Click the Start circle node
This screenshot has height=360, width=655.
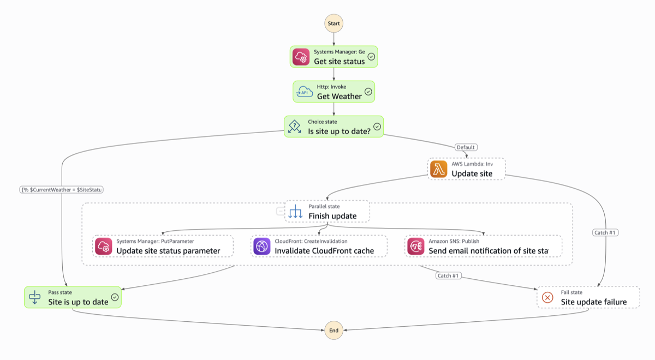pyautogui.click(x=334, y=23)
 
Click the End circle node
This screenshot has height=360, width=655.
pyautogui.click(x=334, y=330)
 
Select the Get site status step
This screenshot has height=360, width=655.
pyautogui.click(x=334, y=57)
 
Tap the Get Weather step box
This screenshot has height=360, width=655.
pyautogui.click(x=334, y=92)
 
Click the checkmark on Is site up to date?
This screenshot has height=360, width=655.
pyautogui.click(x=377, y=127)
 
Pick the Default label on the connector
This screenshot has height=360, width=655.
pyautogui.click(x=466, y=147)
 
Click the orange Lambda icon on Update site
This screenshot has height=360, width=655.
pyautogui.click(x=439, y=169)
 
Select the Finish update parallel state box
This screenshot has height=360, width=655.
pyautogui.click(x=327, y=211)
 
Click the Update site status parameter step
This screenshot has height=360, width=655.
pyautogui.click(x=163, y=246)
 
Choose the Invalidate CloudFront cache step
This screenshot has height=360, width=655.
pyautogui.click(x=319, y=246)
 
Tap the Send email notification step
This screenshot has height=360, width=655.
pyautogui.click(x=484, y=246)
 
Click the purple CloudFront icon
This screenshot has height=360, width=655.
pyautogui.click(x=262, y=246)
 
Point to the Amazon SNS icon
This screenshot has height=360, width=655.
pyautogui.click(x=416, y=246)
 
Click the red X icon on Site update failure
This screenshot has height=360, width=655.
pyautogui.click(x=547, y=297)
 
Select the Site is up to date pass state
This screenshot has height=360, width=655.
pyautogui.click(x=73, y=297)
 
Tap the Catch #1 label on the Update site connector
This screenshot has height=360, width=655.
pyautogui.click(x=605, y=233)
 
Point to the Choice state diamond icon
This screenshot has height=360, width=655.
pyautogui.click(x=295, y=127)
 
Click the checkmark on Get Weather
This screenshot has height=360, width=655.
pyautogui.click(x=368, y=92)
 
